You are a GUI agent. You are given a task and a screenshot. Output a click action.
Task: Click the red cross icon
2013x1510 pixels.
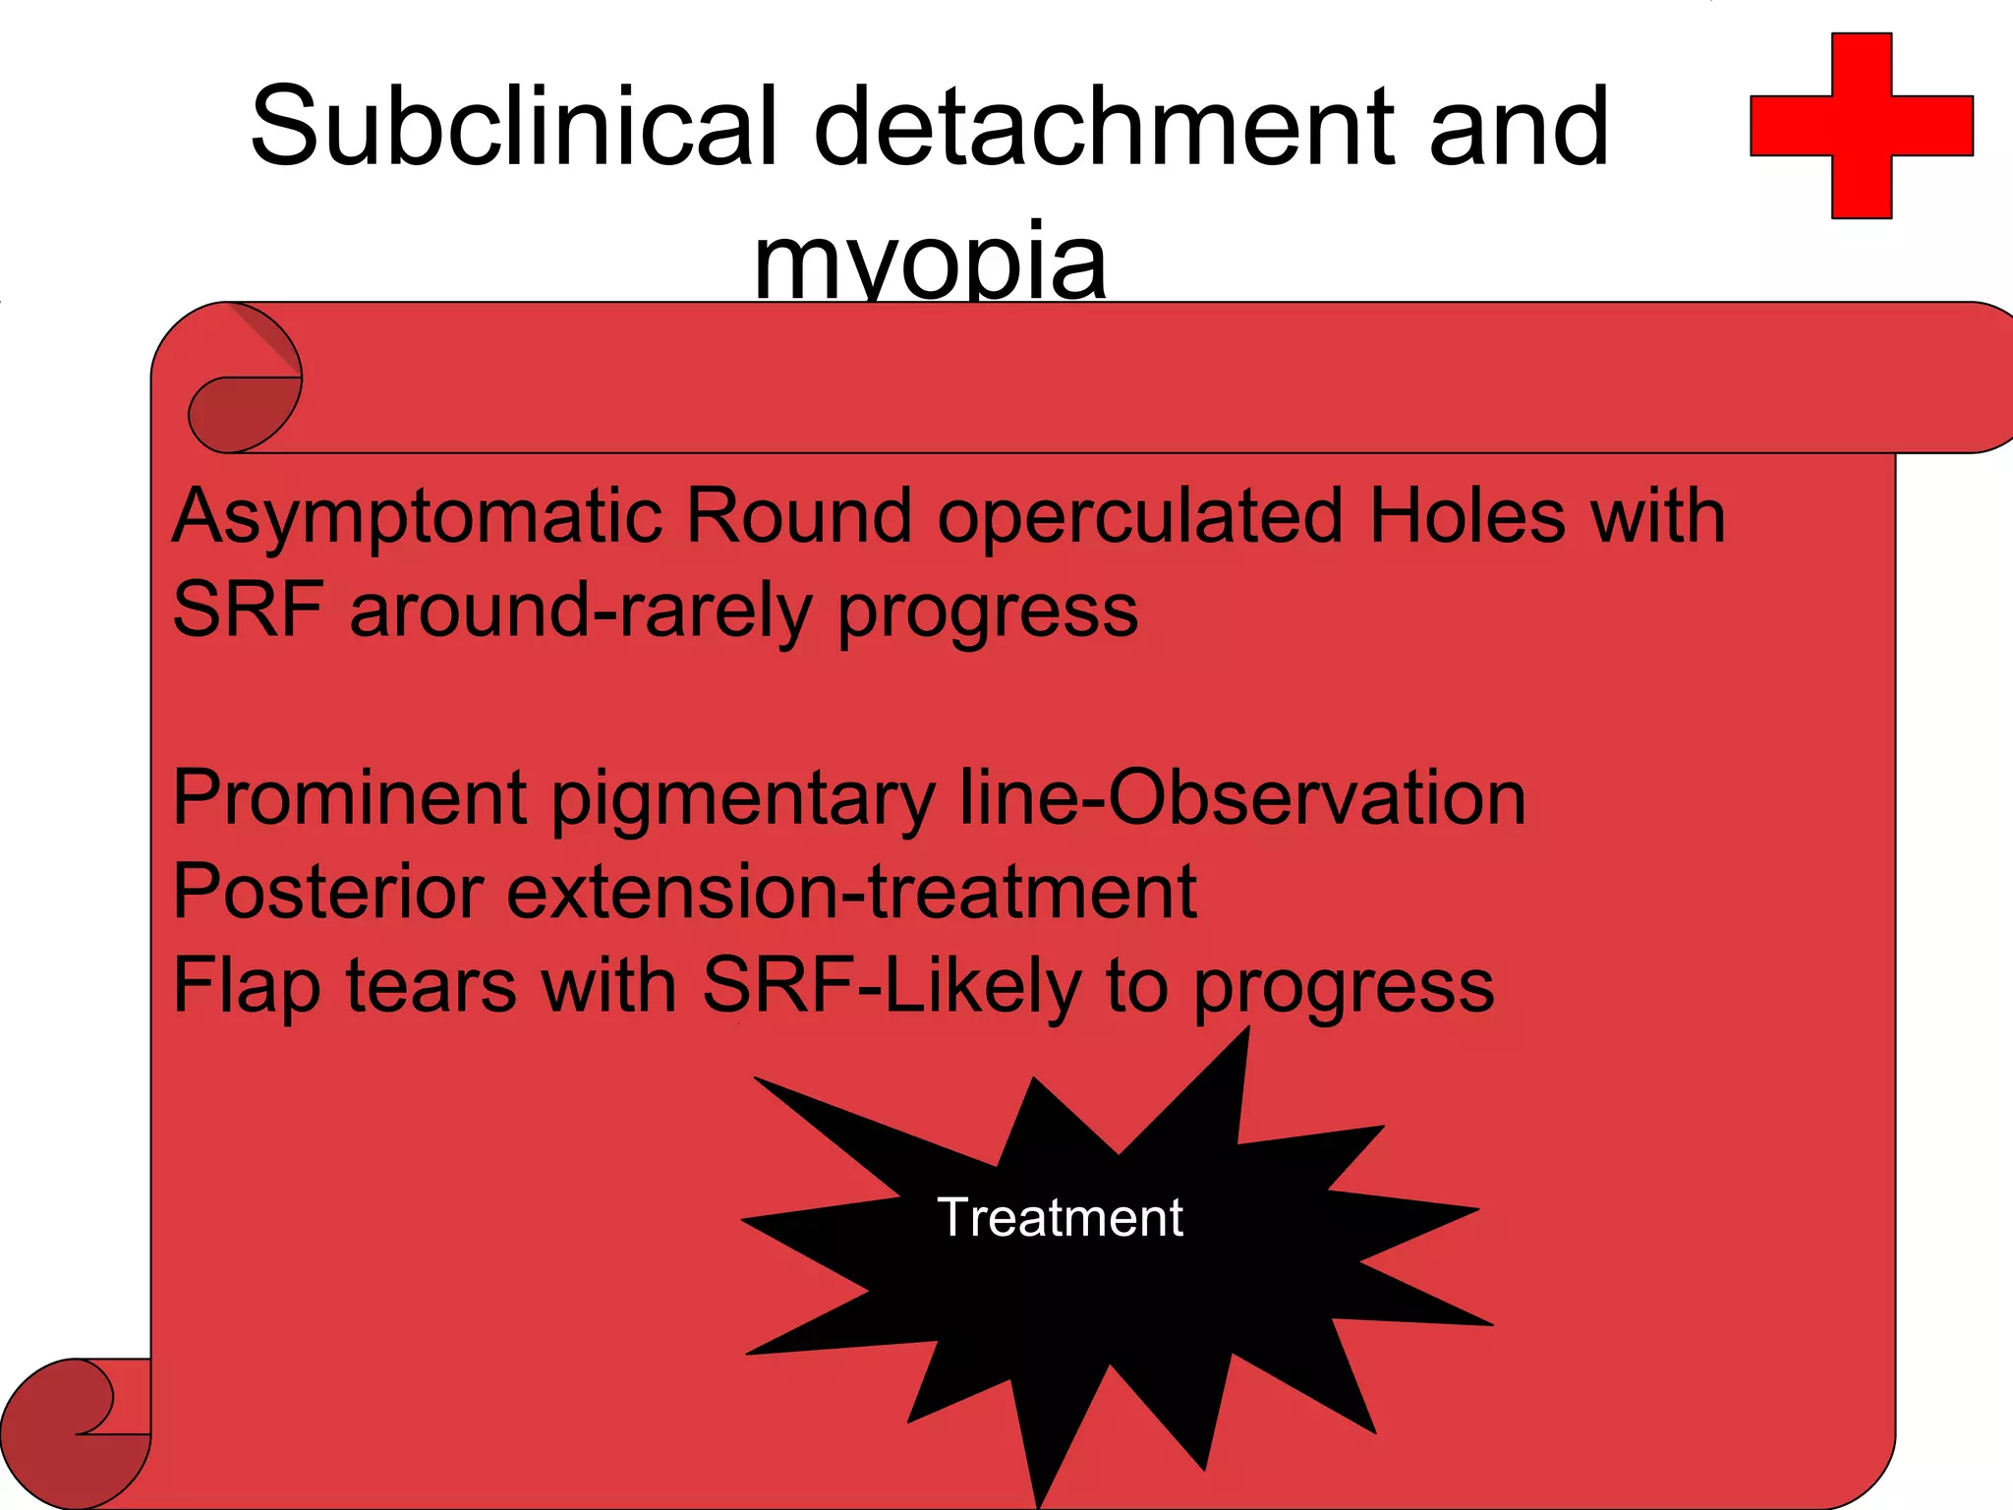point(1862,126)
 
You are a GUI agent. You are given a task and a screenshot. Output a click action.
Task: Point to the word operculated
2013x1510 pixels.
point(1139,517)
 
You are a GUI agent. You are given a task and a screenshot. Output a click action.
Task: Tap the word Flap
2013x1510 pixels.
point(246,986)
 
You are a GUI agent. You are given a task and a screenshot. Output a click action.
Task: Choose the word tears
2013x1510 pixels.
point(431,986)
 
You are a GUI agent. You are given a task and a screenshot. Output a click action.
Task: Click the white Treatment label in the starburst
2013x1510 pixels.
point(1060,1217)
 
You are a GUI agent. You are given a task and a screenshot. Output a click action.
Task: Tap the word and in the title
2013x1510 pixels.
point(1519,126)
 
